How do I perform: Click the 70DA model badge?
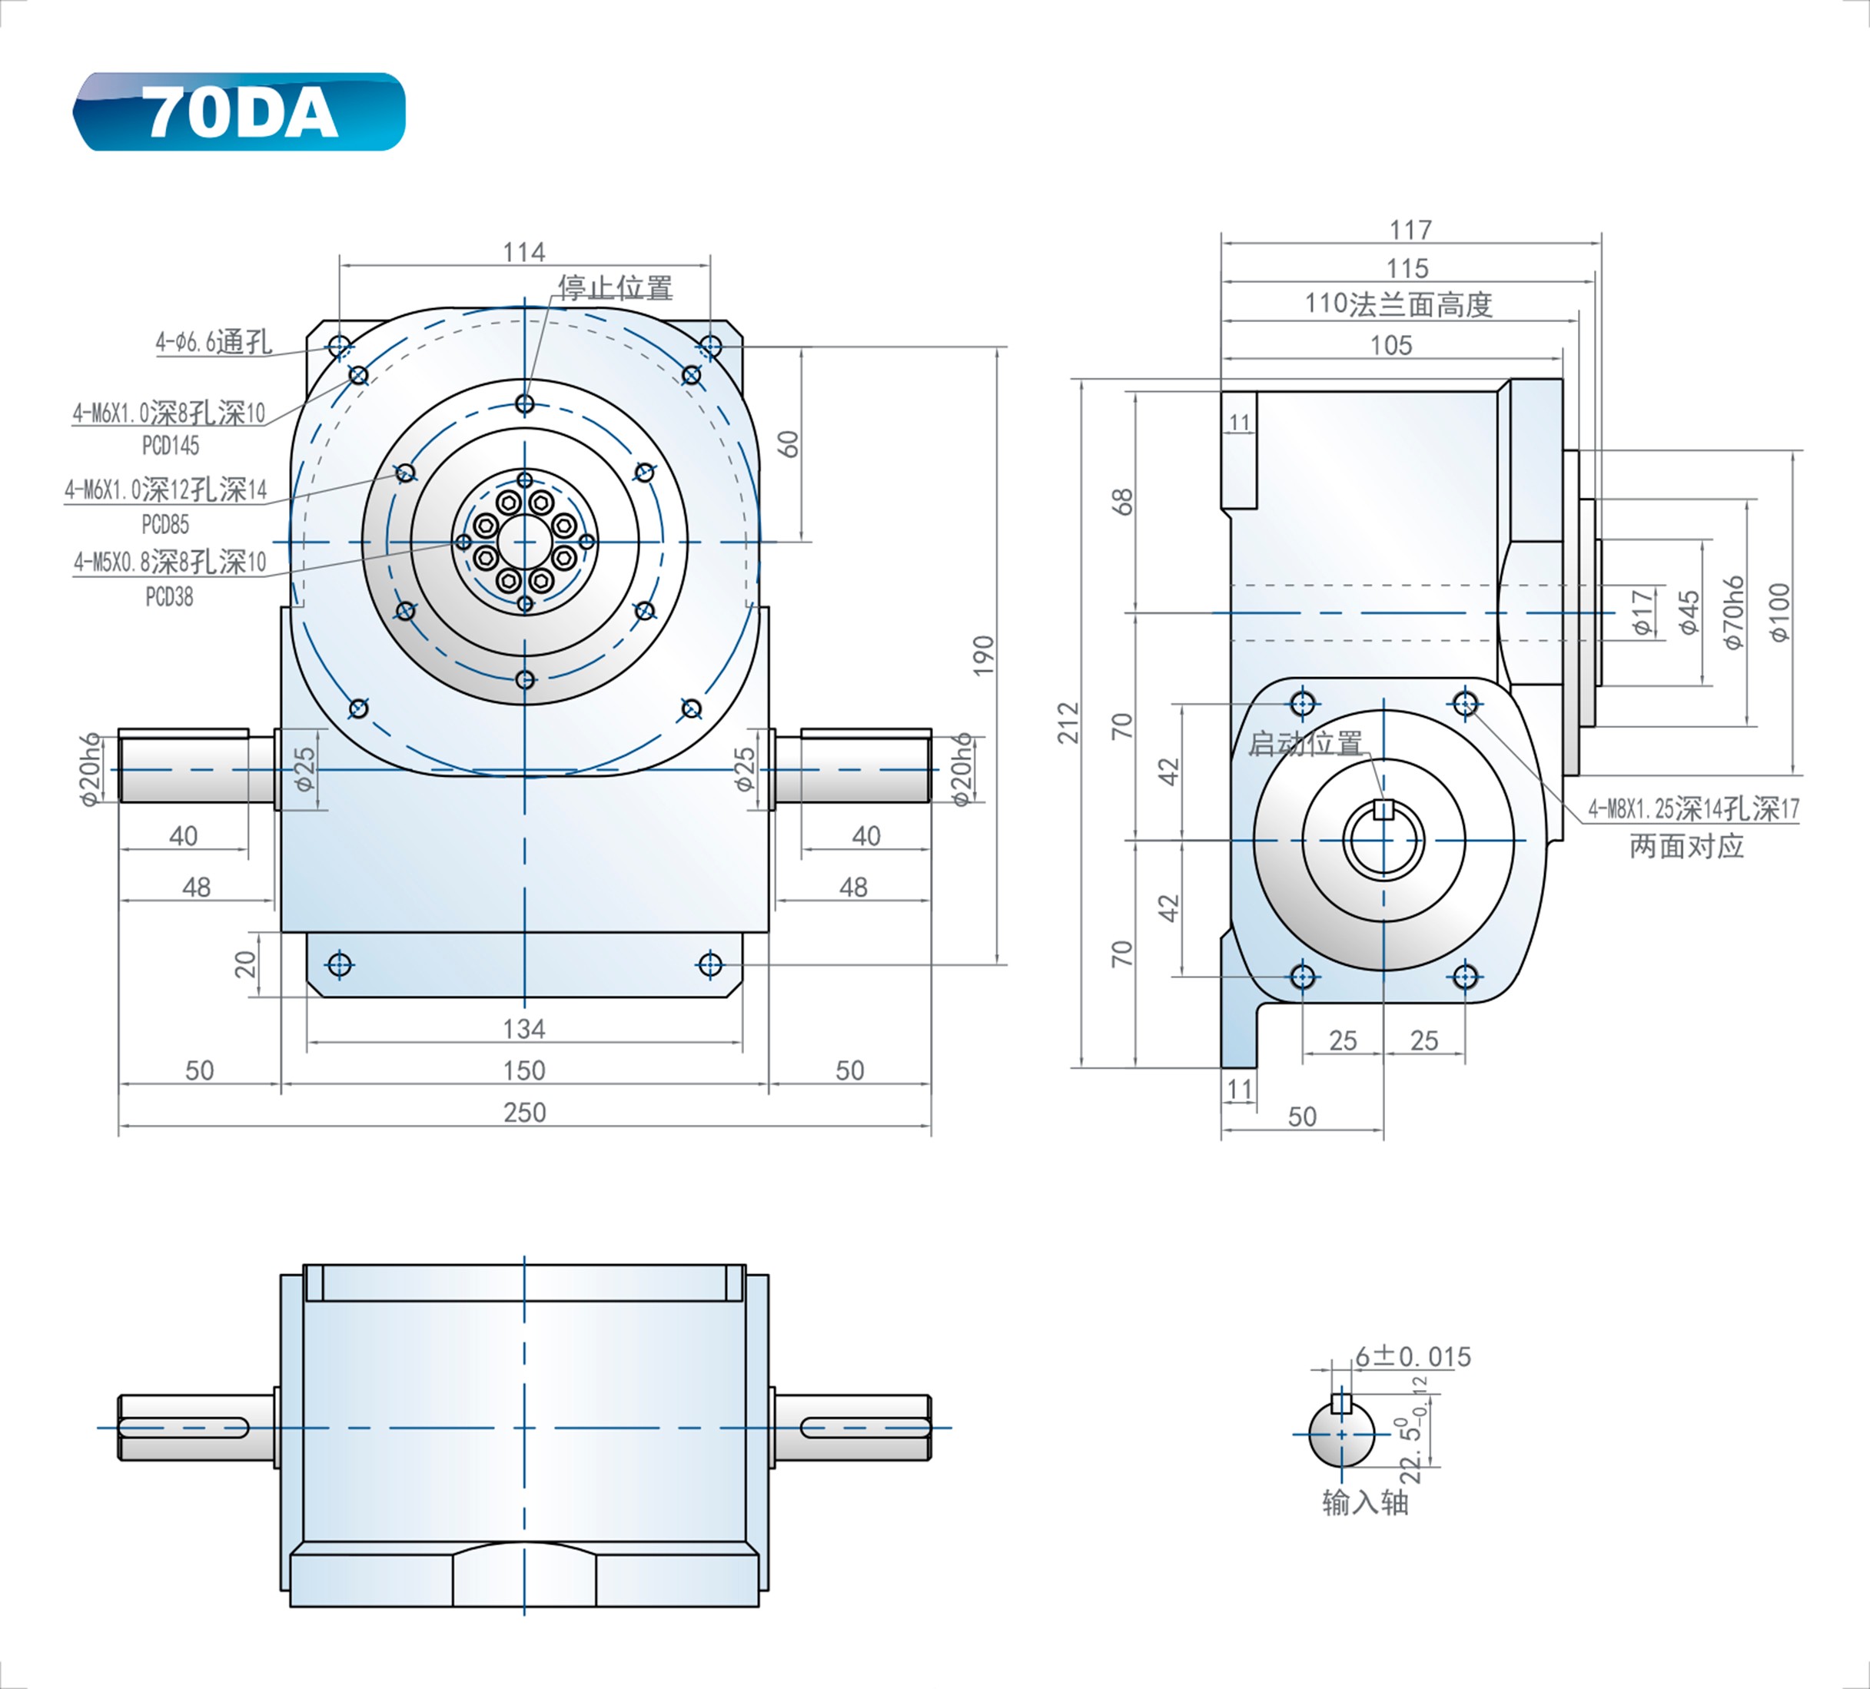coord(239,112)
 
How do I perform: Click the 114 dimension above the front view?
coord(524,252)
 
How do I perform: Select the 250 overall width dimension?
coord(524,1112)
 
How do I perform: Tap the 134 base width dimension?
coord(524,1029)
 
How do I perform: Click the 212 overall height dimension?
coord(1068,722)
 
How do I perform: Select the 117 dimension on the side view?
coord(1410,229)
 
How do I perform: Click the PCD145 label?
coord(171,446)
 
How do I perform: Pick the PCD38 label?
coord(170,597)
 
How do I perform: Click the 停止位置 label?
coord(616,288)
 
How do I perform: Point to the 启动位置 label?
coord(1305,743)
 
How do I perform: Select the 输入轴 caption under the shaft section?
coord(1364,1502)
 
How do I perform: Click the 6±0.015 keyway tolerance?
coord(1413,1357)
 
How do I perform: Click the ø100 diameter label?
coord(1779,612)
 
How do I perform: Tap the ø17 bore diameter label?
coord(1642,612)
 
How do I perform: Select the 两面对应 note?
coord(1686,846)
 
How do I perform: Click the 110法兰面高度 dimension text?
coord(1399,304)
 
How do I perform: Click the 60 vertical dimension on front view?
coord(789,443)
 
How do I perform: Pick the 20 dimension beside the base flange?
coord(245,964)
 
